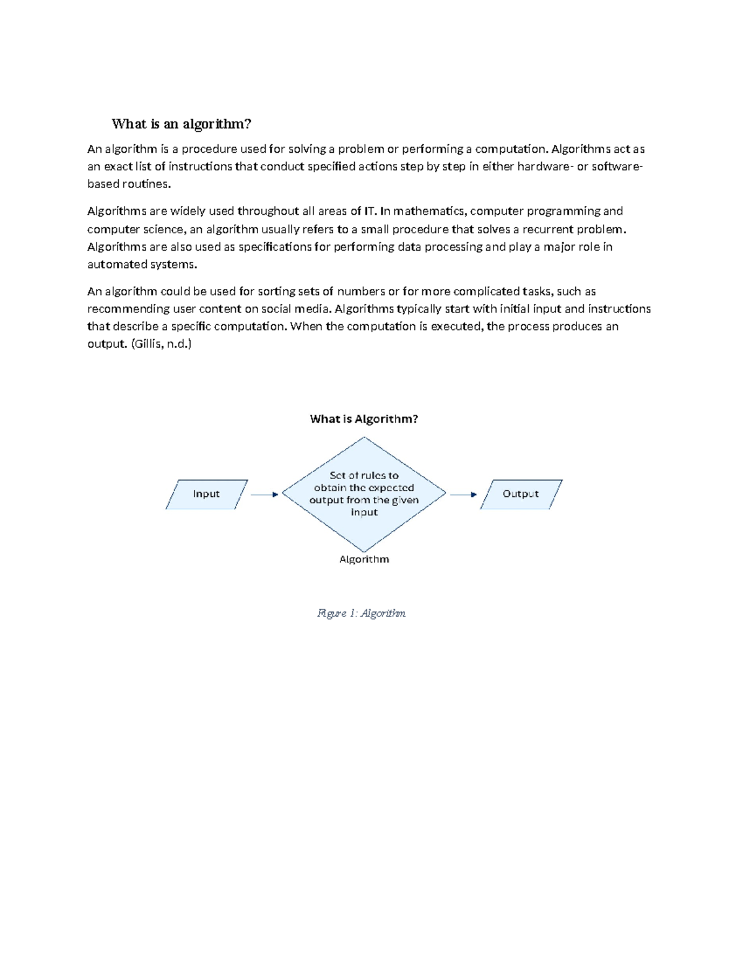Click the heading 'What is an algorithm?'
click(x=181, y=124)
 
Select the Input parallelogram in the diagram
click(x=206, y=494)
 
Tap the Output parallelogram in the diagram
click(x=521, y=494)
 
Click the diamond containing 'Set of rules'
click(x=364, y=494)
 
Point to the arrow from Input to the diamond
click(x=264, y=494)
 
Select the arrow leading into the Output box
click(x=463, y=494)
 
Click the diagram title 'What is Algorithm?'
click(x=364, y=419)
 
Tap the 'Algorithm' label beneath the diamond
click(x=364, y=559)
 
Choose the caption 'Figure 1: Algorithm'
click(x=362, y=613)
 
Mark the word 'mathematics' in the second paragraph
click(x=428, y=211)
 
